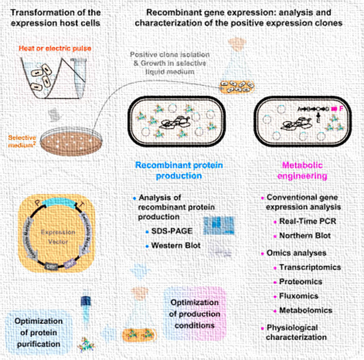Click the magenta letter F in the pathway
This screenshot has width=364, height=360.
tap(341, 108)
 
